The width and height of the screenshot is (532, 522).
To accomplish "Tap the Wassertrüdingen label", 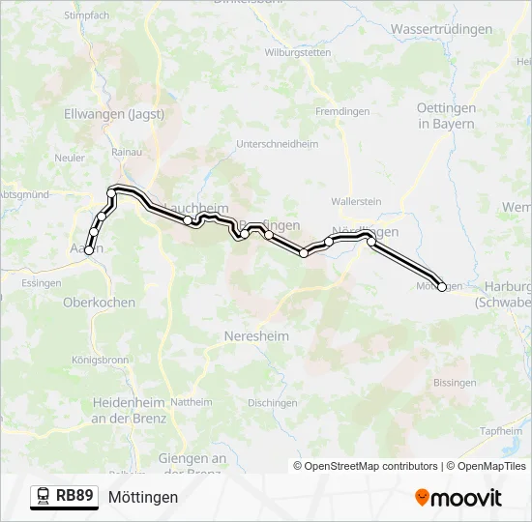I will pos(441,29).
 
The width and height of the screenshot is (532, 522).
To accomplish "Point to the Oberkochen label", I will pos(99,302).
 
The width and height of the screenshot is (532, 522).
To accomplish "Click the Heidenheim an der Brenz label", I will pos(129,410).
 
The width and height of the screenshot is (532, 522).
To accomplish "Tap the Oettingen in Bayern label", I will pos(445,116).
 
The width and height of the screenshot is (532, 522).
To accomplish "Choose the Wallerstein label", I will pos(356,201).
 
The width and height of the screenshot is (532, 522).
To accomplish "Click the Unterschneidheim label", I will pos(277,143).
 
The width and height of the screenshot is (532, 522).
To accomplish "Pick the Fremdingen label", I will pos(341,111).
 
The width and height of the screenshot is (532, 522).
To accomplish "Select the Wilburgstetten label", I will pos(298,52).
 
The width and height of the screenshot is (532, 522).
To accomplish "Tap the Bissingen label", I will pos(455,383).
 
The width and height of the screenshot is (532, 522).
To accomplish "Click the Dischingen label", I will pos(272,402).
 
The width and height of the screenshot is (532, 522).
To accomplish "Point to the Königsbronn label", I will pos(100,360).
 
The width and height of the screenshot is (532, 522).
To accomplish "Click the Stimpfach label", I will pos(87,16).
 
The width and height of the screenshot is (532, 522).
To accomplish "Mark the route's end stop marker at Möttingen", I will pos(442,287).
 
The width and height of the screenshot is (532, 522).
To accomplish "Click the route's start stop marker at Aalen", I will pos(89,250).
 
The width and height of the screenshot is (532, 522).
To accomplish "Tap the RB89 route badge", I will pos(64,497).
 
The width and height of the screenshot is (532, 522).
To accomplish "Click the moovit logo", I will pos(458,498).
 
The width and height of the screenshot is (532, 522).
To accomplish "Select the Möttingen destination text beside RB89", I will pos(143,497).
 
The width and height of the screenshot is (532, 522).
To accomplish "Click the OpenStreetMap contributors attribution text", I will pos(370,466).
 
